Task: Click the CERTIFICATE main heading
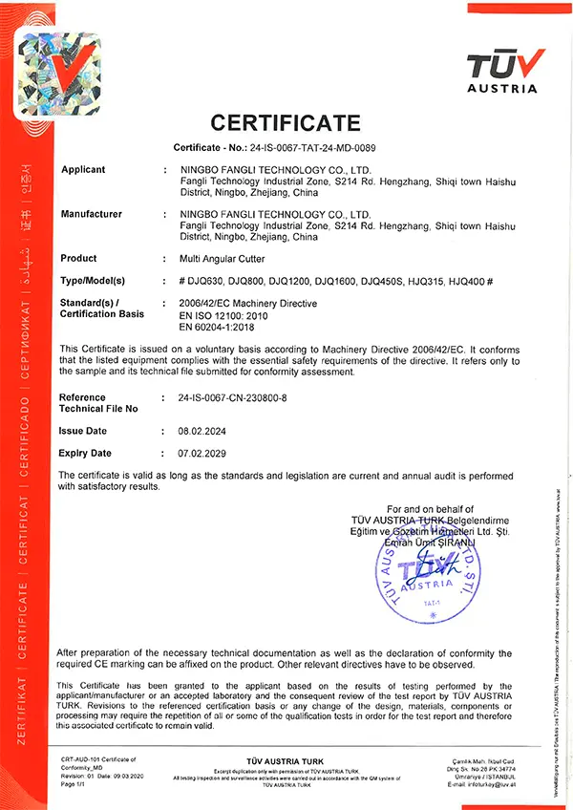286,123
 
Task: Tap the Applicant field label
83,169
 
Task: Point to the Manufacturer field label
92,214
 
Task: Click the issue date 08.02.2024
202,432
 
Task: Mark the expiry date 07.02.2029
202,453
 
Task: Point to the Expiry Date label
85,453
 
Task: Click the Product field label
78,259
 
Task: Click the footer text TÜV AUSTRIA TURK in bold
286,760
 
